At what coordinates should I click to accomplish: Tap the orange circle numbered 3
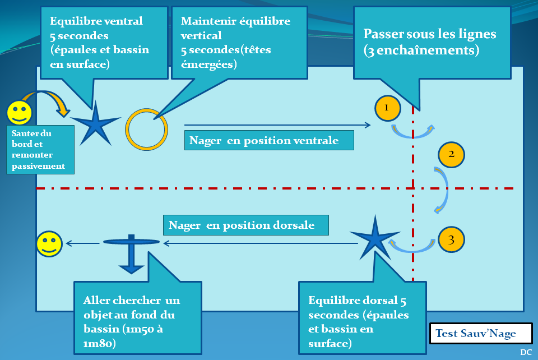click(451, 239)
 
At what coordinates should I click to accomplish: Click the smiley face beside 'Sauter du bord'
click(19, 112)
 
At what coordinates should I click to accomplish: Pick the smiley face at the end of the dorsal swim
click(49, 244)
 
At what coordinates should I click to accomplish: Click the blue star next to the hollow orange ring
click(95, 123)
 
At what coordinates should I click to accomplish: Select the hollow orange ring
click(146, 129)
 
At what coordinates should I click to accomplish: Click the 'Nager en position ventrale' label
click(269, 140)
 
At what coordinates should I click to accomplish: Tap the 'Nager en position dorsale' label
click(245, 225)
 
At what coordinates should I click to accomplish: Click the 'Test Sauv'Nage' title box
click(480, 334)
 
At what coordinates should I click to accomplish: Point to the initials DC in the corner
click(525, 352)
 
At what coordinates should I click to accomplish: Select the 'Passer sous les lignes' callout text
click(430, 42)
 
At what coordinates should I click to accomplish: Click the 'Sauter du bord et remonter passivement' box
click(40, 150)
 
